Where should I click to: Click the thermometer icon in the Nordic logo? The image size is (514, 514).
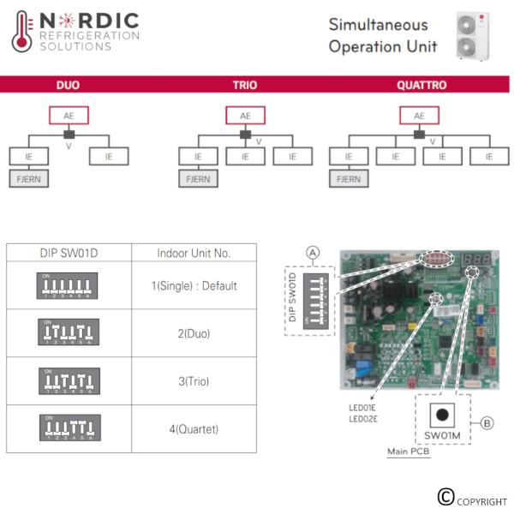pyautogui.click(x=22, y=33)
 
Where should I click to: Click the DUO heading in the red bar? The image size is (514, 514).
pyautogui.click(x=68, y=86)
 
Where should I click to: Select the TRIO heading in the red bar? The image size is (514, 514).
pyautogui.click(x=245, y=86)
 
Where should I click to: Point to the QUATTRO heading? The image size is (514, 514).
pyautogui.click(x=421, y=86)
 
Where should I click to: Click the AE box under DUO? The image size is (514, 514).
pyautogui.click(x=68, y=116)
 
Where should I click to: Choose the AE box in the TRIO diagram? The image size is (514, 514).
pyautogui.click(x=245, y=116)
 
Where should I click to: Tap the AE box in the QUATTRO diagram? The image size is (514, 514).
pyautogui.click(x=419, y=116)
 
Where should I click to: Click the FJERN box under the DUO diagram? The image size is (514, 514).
pyautogui.click(x=28, y=179)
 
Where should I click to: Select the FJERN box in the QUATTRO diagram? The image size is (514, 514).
pyautogui.click(x=349, y=179)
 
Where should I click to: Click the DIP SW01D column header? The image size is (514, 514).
pyautogui.click(x=69, y=253)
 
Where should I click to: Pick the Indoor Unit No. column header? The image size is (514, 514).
pyautogui.click(x=194, y=253)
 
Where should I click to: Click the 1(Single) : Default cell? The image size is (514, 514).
pyautogui.click(x=194, y=285)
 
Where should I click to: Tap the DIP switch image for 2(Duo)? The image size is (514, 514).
pyautogui.click(x=69, y=332)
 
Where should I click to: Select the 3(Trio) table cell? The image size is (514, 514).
pyautogui.click(x=194, y=380)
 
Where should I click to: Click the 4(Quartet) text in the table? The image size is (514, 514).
pyautogui.click(x=194, y=428)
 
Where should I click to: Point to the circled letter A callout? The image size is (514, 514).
pyautogui.click(x=314, y=252)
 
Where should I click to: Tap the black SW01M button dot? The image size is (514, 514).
pyautogui.click(x=442, y=415)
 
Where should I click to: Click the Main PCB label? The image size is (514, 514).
pyautogui.click(x=409, y=451)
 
